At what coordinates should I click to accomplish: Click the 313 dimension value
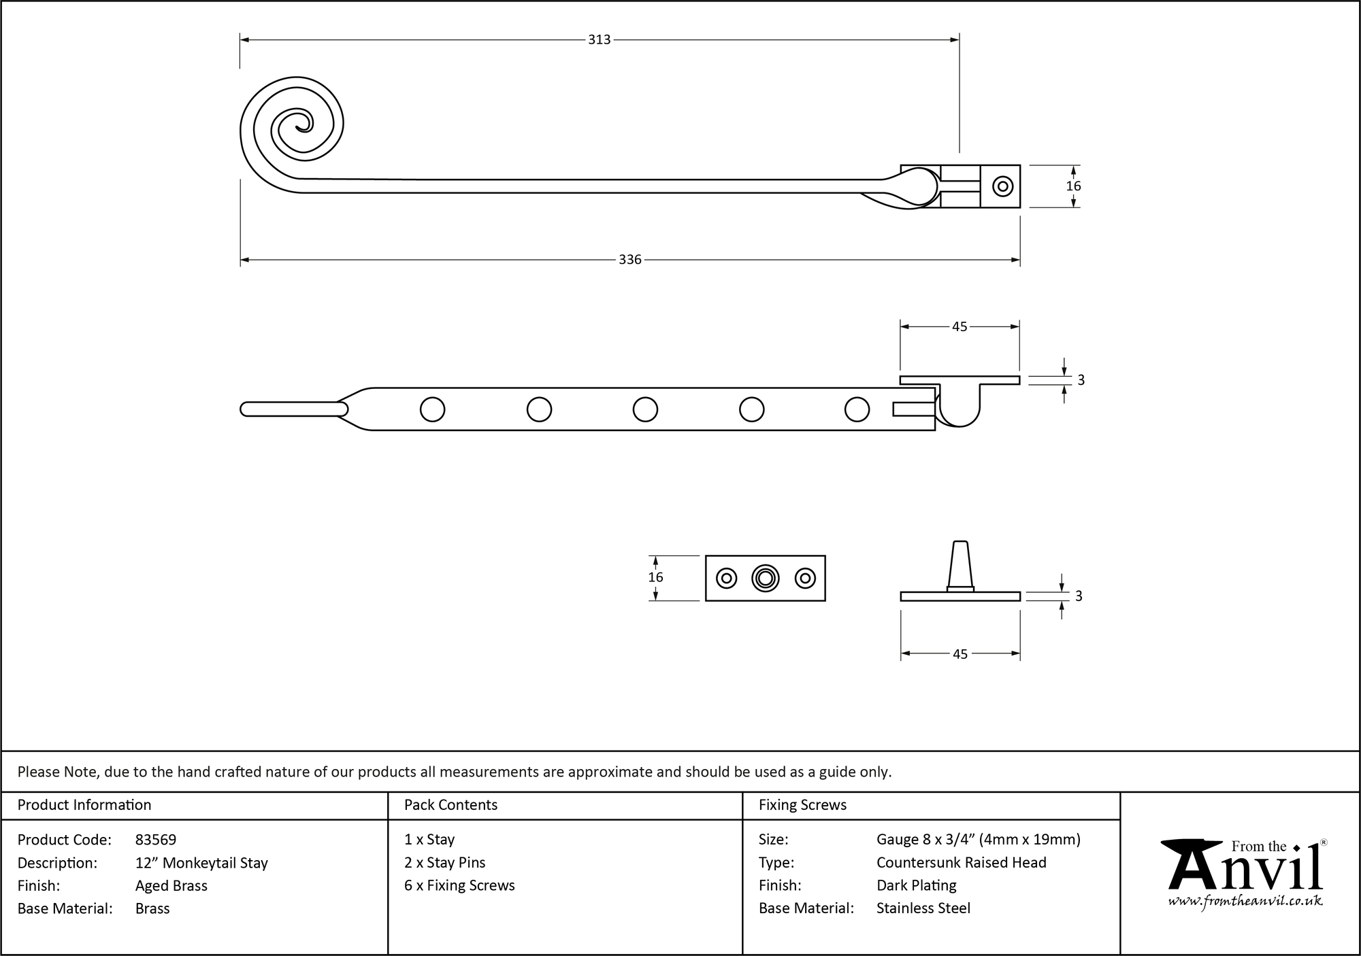pyautogui.click(x=599, y=40)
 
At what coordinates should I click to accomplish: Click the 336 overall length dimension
pyautogui.click(x=629, y=260)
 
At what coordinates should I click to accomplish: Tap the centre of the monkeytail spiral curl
pyautogui.click(x=301, y=124)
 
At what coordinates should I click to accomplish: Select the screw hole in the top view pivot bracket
pyautogui.click(x=1002, y=186)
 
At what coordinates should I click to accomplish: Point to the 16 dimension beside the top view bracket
pyautogui.click(x=1073, y=186)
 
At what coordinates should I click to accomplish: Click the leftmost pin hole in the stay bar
pyautogui.click(x=433, y=409)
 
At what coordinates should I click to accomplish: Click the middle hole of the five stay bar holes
pyautogui.click(x=645, y=409)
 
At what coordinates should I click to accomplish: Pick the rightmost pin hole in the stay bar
pyautogui.click(x=857, y=409)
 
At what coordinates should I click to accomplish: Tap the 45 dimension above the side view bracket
pyautogui.click(x=959, y=327)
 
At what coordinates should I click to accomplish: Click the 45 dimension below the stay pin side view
pyautogui.click(x=960, y=654)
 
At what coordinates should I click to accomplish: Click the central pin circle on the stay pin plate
pyautogui.click(x=766, y=579)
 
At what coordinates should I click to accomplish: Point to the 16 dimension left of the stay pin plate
pyautogui.click(x=655, y=577)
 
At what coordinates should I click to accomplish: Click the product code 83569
pyautogui.click(x=156, y=840)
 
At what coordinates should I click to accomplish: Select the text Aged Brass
pyautogui.click(x=171, y=885)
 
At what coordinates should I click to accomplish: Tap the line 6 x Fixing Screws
pyautogui.click(x=459, y=885)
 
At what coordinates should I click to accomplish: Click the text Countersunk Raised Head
pyautogui.click(x=961, y=862)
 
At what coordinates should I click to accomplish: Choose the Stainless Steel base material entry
pyautogui.click(x=923, y=908)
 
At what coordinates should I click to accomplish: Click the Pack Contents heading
pyautogui.click(x=450, y=805)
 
